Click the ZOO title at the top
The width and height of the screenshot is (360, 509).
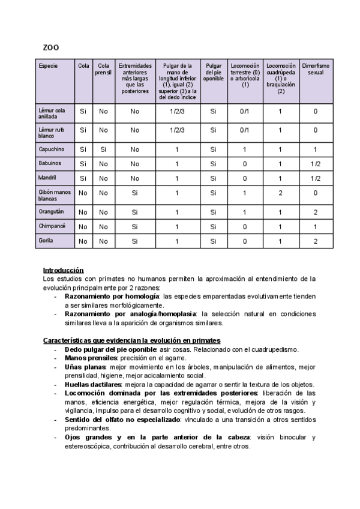pos(50,47)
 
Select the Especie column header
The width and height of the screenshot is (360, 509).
pos(47,65)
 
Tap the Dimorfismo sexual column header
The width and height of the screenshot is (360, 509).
pos(316,68)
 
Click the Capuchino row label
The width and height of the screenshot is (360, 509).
pos(51,149)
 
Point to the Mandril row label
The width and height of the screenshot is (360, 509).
pos(47,178)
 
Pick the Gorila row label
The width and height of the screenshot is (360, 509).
pos(45,241)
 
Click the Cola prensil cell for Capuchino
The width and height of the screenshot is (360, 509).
pos(103,149)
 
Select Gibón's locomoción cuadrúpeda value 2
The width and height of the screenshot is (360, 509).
pos(279,193)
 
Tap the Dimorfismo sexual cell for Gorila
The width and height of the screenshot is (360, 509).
pos(316,241)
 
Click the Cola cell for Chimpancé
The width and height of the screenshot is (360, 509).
pos(83,227)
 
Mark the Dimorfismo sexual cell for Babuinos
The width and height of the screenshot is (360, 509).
pos(316,164)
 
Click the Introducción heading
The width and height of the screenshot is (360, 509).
pos(63,271)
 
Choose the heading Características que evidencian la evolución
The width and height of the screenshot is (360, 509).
pos(132,340)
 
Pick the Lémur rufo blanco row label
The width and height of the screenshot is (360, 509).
pos(52,133)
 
